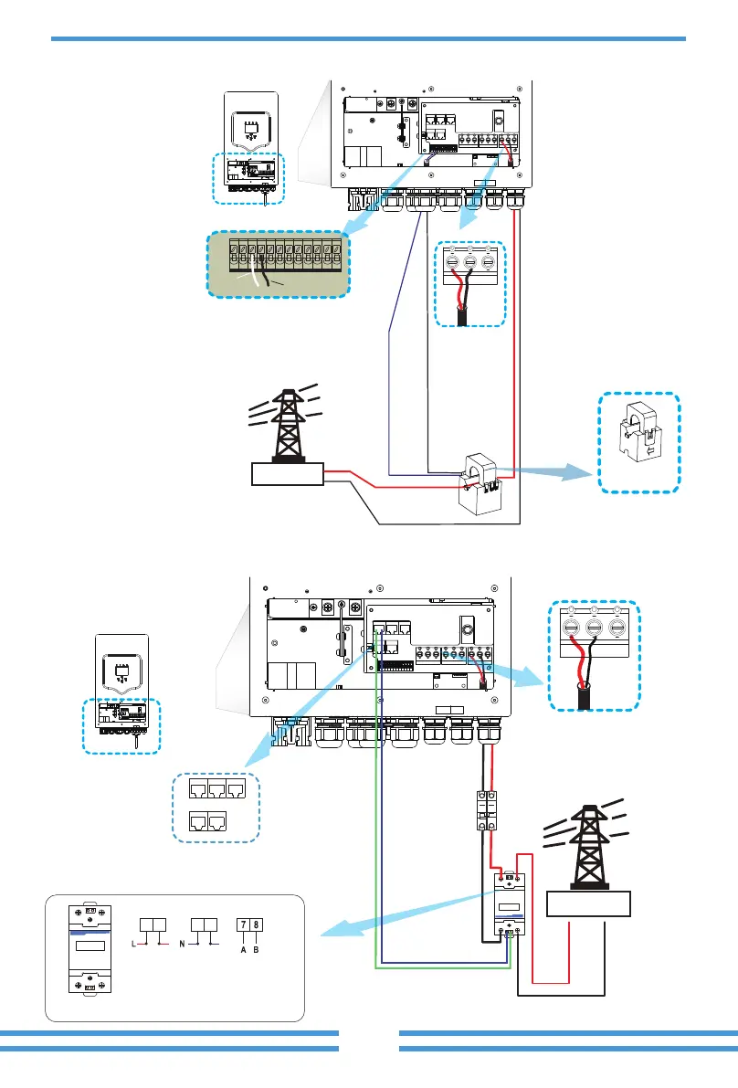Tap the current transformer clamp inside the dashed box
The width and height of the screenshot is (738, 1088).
click(x=639, y=443)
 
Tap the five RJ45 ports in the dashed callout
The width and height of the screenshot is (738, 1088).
click(x=216, y=806)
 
